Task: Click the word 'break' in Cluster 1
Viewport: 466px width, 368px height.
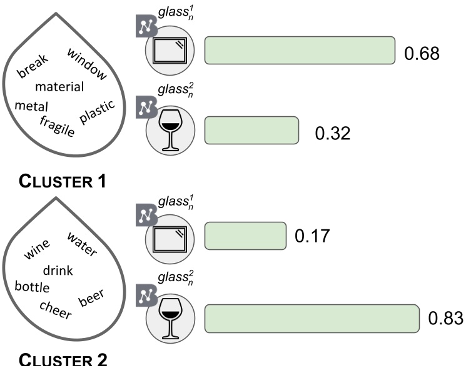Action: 33,66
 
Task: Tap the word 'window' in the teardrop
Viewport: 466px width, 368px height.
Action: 87,64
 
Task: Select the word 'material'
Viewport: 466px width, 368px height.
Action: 59,87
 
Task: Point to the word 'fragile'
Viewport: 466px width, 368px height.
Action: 57,126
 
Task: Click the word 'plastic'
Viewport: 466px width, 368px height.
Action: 97,112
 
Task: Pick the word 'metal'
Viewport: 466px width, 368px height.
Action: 31,106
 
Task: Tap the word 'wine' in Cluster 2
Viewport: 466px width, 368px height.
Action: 37,249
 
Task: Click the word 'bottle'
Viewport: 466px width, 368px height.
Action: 32,287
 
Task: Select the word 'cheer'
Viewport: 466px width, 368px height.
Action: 56,310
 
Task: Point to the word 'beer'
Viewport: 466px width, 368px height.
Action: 91,297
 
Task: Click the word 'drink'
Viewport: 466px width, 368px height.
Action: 58,271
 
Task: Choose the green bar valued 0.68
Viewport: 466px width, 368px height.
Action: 300,50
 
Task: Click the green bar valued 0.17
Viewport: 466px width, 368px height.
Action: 245,236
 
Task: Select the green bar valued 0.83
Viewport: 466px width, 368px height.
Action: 312,319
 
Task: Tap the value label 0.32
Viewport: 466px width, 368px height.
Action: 333,133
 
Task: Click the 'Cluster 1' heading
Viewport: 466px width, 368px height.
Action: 62,181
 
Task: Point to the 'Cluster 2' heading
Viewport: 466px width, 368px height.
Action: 63,360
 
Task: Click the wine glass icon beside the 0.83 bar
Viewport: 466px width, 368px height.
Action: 170,318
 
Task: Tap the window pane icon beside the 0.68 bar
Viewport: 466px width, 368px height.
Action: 170,50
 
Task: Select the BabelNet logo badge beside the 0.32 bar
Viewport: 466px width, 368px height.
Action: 147,107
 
